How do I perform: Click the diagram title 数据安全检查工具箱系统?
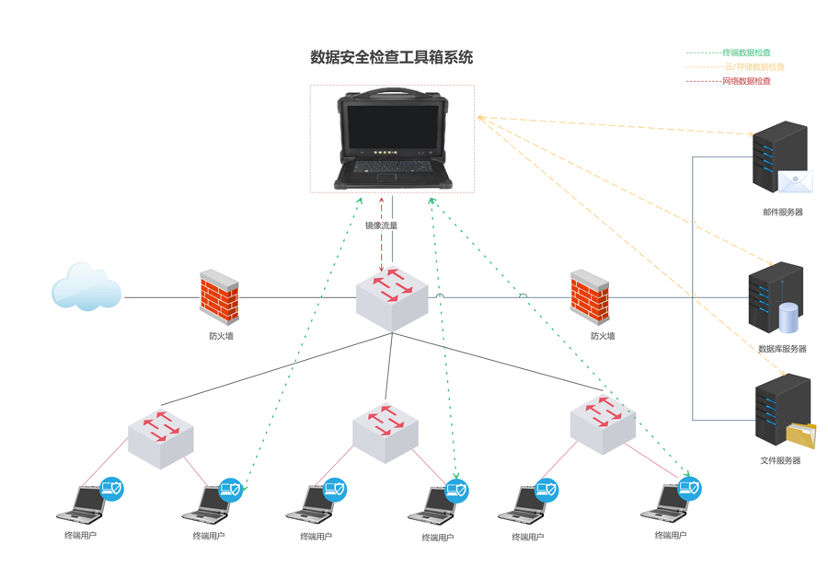[392, 57]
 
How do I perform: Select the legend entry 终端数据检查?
[747, 53]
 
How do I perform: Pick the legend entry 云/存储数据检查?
[754, 67]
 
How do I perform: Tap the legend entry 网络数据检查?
[747, 81]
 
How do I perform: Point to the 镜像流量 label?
[381, 226]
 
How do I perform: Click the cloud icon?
[86, 287]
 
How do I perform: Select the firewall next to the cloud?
[219, 296]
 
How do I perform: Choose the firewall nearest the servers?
[590, 296]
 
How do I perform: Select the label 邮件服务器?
[783, 213]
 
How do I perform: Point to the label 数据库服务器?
[782, 349]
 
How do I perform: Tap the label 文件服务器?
[780, 460]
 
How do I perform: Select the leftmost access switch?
[161, 435]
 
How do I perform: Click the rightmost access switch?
[603, 423]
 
